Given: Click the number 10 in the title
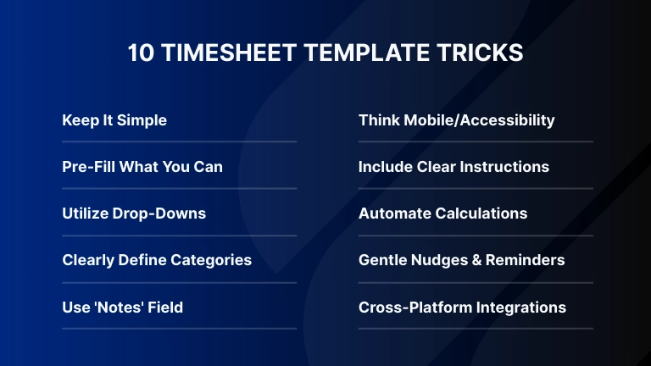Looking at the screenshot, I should coord(141,53).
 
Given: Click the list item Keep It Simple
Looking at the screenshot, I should coord(114,120).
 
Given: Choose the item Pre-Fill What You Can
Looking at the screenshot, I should coord(142,167).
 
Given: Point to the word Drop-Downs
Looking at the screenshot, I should coord(163,213).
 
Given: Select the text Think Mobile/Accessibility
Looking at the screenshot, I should coord(456,120).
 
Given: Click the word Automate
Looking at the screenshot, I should coord(393,213).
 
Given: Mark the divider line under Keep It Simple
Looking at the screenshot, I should coord(179,141).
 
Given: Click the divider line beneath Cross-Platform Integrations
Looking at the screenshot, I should coord(476,328).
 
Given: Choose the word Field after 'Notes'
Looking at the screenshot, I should coord(164,307).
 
